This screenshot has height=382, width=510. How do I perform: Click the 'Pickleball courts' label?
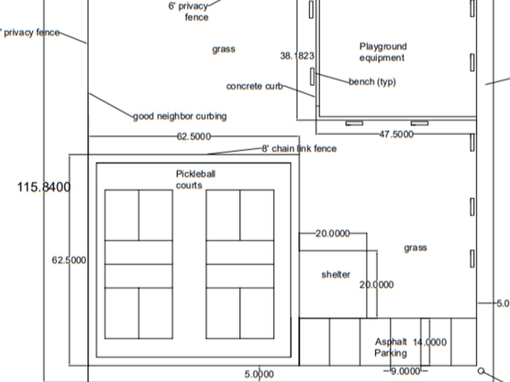click(x=195, y=180)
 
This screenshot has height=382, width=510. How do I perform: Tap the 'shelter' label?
click(x=336, y=275)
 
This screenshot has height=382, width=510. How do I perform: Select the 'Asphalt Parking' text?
click(x=391, y=348)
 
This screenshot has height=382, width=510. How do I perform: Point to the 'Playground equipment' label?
click(x=383, y=52)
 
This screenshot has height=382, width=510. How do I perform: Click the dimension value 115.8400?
click(x=44, y=187)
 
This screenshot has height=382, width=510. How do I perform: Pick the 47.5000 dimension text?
click(x=397, y=134)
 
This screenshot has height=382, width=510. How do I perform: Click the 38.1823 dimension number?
click(x=297, y=56)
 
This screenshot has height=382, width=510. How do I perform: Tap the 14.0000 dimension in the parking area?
click(x=430, y=343)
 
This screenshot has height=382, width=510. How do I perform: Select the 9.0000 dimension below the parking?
click(x=405, y=371)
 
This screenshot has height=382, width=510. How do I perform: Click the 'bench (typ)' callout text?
click(x=372, y=82)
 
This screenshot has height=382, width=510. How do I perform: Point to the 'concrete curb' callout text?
click(x=255, y=86)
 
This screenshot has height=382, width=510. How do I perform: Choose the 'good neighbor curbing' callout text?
click(x=180, y=116)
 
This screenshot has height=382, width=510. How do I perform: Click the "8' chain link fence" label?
click(x=299, y=149)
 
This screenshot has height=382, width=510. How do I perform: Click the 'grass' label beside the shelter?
click(x=415, y=248)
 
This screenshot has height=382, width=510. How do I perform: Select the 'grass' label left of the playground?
click(x=224, y=49)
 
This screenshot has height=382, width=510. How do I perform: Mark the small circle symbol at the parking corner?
click(x=481, y=371)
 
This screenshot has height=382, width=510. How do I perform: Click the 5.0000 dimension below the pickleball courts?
click(x=259, y=374)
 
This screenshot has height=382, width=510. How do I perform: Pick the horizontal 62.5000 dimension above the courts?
click(x=194, y=136)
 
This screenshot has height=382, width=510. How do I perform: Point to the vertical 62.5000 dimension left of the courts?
click(x=69, y=260)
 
